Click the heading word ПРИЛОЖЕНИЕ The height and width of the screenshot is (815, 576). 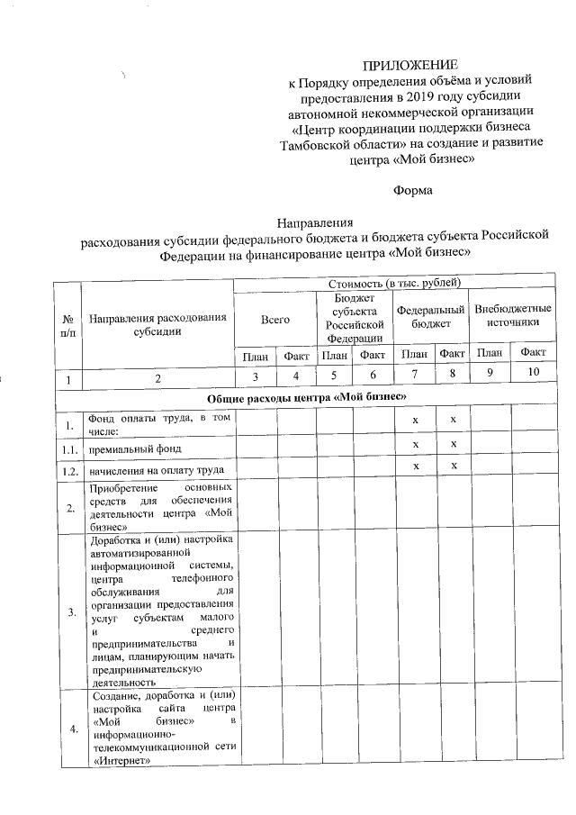[409, 65]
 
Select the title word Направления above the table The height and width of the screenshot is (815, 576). [314, 224]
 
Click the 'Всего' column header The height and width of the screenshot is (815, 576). [274, 320]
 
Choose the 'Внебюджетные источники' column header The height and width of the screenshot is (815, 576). [512, 314]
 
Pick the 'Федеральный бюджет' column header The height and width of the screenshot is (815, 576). [431, 314]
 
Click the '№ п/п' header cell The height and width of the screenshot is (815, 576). [67, 326]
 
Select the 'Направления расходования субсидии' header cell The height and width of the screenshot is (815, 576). [157, 325]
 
